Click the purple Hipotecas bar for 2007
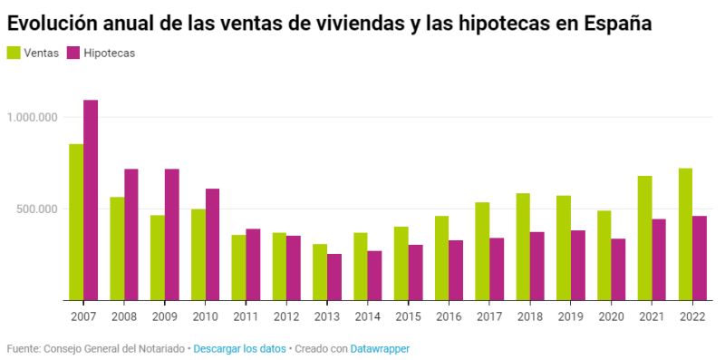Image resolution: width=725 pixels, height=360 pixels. [91, 200]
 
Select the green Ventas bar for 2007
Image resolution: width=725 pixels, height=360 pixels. [76, 222]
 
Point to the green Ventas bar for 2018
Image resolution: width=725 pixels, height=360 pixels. [523, 247]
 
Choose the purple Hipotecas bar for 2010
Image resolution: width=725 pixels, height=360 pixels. [212, 244]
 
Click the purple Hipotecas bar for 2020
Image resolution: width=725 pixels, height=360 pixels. [618, 269]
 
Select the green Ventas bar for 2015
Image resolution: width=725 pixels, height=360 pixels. [401, 263]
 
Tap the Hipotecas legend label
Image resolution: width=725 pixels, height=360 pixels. [109, 54]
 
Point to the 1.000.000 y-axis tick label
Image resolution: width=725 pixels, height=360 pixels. [32, 117]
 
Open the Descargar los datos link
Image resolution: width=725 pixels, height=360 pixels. [239, 348]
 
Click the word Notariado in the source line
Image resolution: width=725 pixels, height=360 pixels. [159, 348]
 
